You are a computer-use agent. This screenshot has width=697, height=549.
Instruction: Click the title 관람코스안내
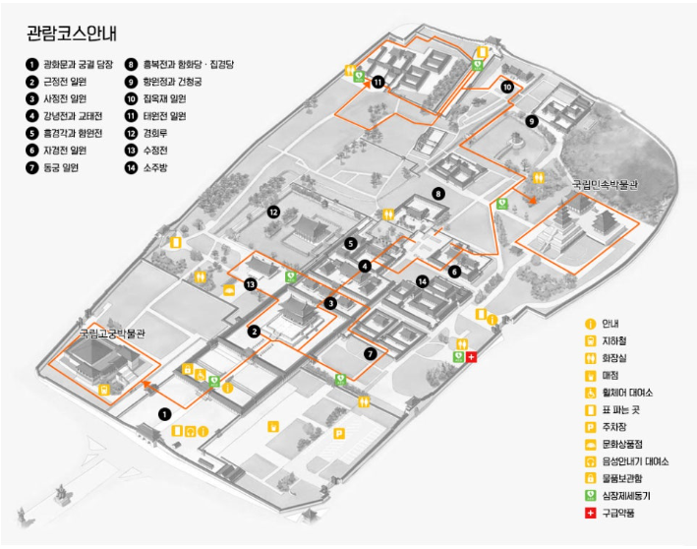click(72, 33)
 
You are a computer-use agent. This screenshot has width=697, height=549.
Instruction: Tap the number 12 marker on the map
click(273, 213)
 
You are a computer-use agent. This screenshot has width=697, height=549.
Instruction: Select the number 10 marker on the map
click(507, 87)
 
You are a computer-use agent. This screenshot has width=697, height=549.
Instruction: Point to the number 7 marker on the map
click(371, 353)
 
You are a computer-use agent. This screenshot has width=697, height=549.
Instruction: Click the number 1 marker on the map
click(164, 414)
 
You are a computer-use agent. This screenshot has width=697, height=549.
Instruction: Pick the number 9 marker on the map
click(531, 121)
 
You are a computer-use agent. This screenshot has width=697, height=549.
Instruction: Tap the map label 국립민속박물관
click(605, 184)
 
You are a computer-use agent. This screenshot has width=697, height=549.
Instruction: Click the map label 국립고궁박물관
click(112, 334)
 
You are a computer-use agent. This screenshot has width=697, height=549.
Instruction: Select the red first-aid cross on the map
click(471, 357)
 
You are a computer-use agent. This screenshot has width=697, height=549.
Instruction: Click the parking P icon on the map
click(339, 433)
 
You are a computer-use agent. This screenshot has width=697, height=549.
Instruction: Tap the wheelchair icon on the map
click(201, 375)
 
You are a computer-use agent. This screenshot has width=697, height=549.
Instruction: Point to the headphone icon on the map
click(191, 431)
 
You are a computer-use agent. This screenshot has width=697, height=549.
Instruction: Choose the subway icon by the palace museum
click(104, 390)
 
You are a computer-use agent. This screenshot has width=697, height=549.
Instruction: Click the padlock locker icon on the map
click(187, 369)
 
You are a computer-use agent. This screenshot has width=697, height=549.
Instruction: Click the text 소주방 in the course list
click(155, 167)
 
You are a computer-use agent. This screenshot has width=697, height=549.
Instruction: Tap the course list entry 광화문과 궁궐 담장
click(78, 65)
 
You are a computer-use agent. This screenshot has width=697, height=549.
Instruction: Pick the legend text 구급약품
click(618, 513)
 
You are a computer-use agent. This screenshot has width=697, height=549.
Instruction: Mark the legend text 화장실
click(613, 358)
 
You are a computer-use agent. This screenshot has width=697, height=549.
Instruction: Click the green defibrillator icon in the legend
click(590, 496)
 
